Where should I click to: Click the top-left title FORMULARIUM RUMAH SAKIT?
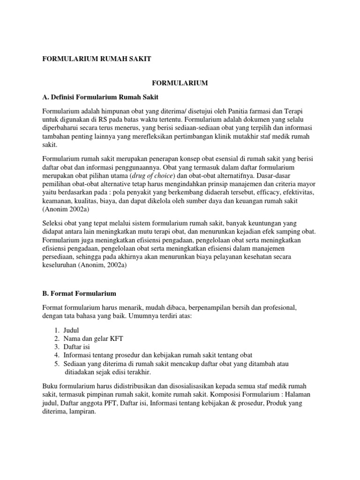coord(97,59)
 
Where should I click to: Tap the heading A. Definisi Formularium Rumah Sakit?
coord(100,97)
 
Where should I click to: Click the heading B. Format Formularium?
coord(79,293)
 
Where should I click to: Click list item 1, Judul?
coord(72,330)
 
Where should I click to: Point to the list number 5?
coord(56,364)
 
